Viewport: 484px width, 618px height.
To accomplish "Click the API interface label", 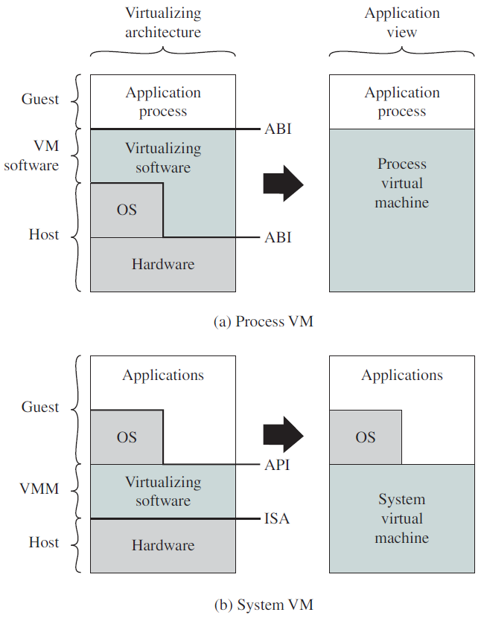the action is click(x=277, y=465).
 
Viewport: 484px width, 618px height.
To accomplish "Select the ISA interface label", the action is click(x=277, y=518).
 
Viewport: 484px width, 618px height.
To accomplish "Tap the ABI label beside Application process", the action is click(x=278, y=129).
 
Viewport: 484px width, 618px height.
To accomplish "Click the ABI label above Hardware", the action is click(x=278, y=237).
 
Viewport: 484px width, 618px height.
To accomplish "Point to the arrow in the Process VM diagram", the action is click(x=283, y=184).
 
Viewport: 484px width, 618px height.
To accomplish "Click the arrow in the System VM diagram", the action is click(x=283, y=435).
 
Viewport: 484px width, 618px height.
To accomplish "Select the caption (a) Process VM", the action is click(x=264, y=321).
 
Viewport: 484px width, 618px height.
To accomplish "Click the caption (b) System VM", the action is click(x=264, y=605).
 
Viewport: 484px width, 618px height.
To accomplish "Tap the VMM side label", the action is click(x=39, y=489).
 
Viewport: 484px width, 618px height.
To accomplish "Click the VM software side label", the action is click(x=31, y=155).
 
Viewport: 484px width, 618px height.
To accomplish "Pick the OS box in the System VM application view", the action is click(x=366, y=437).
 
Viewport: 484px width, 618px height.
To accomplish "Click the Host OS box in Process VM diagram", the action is click(x=127, y=210).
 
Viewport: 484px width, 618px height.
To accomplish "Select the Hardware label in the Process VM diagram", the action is click(x=163, y=264).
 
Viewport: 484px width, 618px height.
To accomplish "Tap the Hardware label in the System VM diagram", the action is click(x=163, y=545).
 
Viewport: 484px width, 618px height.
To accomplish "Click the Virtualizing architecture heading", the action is click(x=163, y=22).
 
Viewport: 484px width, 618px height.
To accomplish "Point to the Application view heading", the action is click(x=402, y=22).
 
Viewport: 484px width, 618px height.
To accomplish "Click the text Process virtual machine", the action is click(x=402, y=183).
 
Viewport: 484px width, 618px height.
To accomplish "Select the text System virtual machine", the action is click(x=402, y=518).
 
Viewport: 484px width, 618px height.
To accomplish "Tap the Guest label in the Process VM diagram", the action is click(x=40, y=99).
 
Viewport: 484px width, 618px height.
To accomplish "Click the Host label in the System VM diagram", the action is click(x=44, y=543).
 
